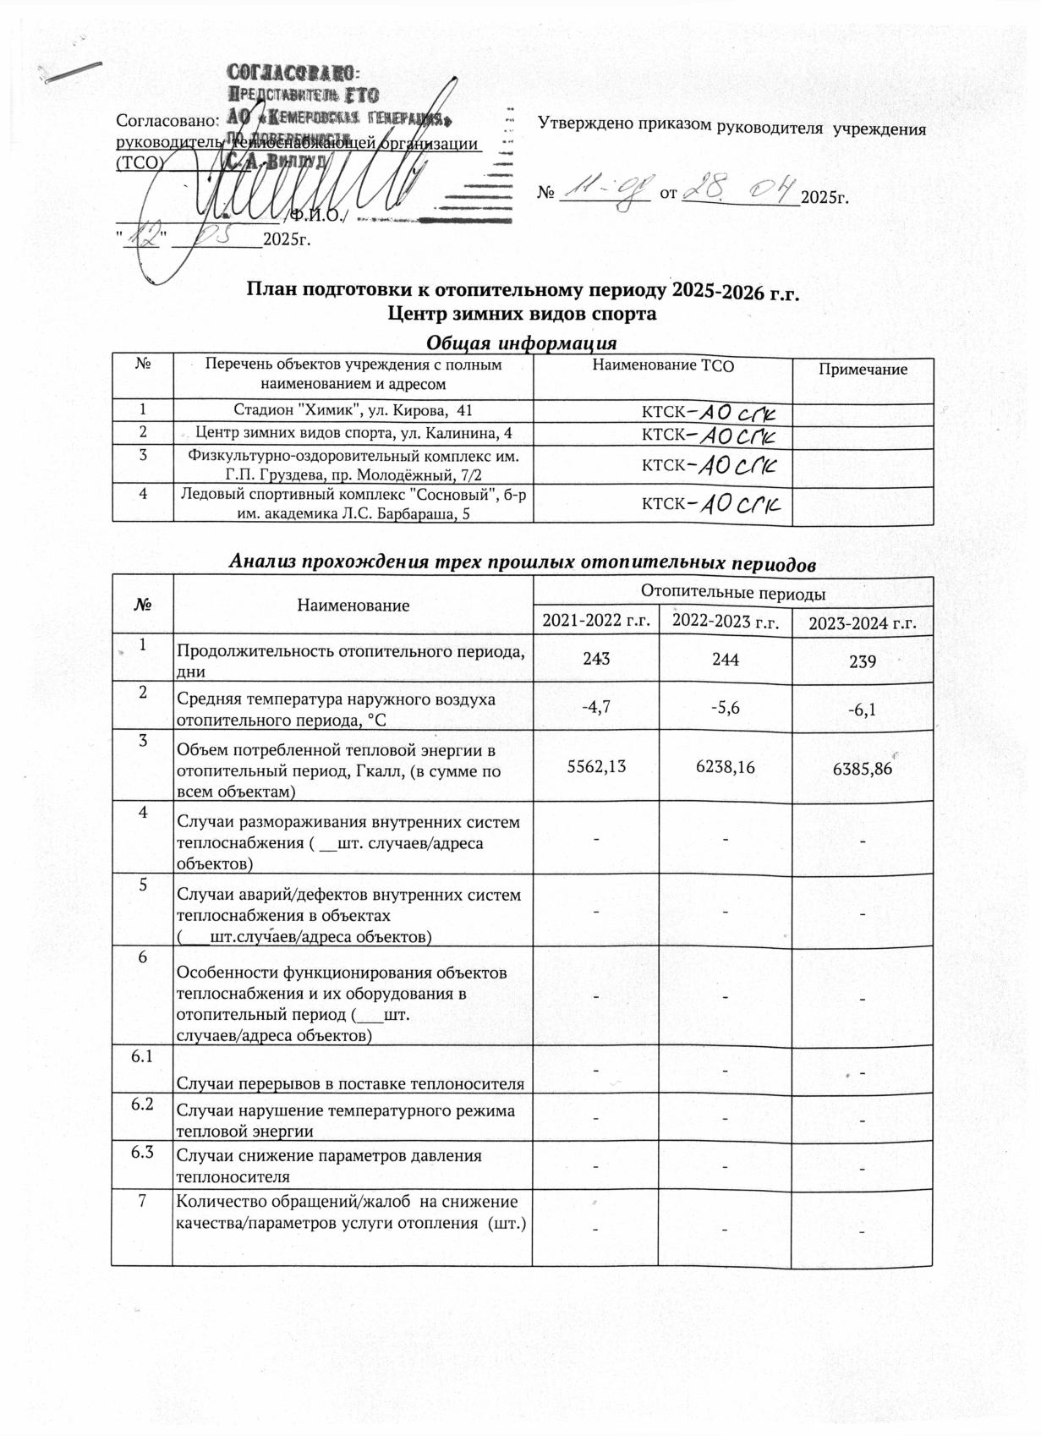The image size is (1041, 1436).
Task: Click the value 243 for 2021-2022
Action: pyautogui.click(x=596, y=660)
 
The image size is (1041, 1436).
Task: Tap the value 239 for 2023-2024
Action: pyautogui.click(x=863, y=662)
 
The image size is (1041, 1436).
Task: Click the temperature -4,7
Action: pyautogui.click(x=596, y=708)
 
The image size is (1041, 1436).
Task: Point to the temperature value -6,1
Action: pyautogui.click(x=862, y=710)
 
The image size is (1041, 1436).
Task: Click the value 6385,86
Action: pyautogui.click(x=863, y=770)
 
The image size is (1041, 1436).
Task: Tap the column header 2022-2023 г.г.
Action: pyautogui.click(x=726, y=622)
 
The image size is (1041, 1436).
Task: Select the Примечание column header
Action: pyautogui.click(x=863, y=370)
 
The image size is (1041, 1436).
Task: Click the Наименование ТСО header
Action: pyautogui.click(x=663, y=366)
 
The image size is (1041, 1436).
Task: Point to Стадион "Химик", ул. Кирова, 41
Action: pyautogui.click(x=353, y=411)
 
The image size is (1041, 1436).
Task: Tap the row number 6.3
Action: pyautogui.click(x=141, y=1154)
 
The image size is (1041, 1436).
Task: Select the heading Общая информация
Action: pyautogui.click(x=521, y=343)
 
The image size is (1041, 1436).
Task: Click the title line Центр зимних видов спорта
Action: pyautogui.click(x=522, y=315)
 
